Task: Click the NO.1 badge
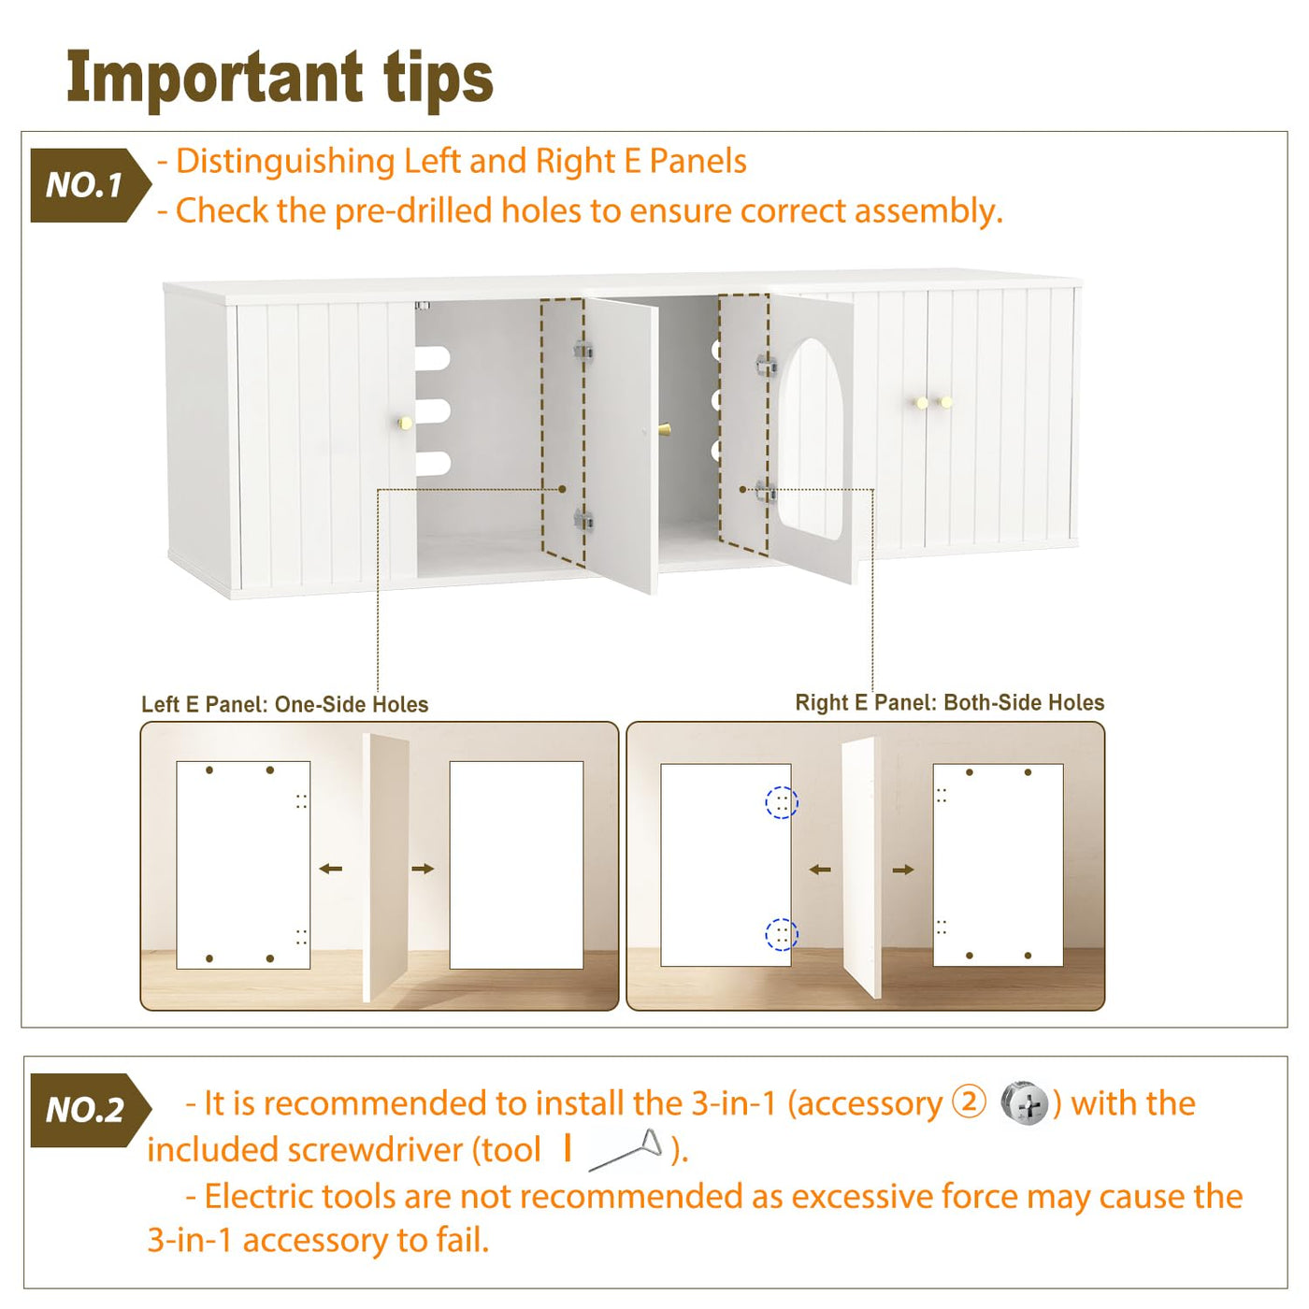click(x=90, y=185)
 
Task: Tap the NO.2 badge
click(x=90, y=1110)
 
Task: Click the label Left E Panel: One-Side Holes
click(x=284, y=704)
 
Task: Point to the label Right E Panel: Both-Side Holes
click(x=950, y=702)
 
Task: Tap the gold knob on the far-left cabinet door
click(x=405, y=423)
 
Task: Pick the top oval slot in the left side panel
click(x=433, y=358)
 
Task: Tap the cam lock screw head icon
click(x=1025, y=1103)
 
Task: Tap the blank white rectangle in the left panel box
click(x=516, y=865)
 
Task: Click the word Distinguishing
click(x=285, y=162)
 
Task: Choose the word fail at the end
click(x=462, y=1240)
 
